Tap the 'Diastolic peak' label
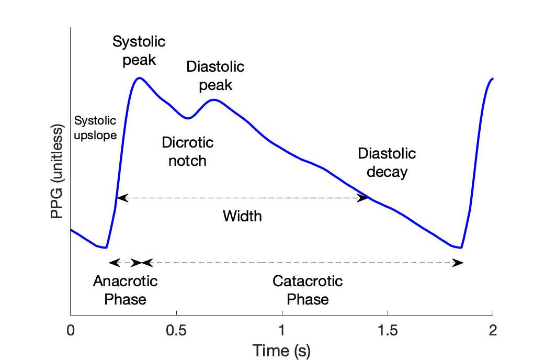coord(215,76)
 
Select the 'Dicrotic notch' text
coord(187,151)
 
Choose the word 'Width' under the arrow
coord(242,216)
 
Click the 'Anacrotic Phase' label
coord(125,290)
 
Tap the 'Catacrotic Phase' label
coord(308,290)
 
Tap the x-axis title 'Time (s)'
coord(281,351)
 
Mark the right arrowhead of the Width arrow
coord(362,198)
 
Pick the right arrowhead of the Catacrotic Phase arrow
coord(458,263)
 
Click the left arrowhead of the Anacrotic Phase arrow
coord(112,263)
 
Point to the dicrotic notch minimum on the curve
coord(188,118)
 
